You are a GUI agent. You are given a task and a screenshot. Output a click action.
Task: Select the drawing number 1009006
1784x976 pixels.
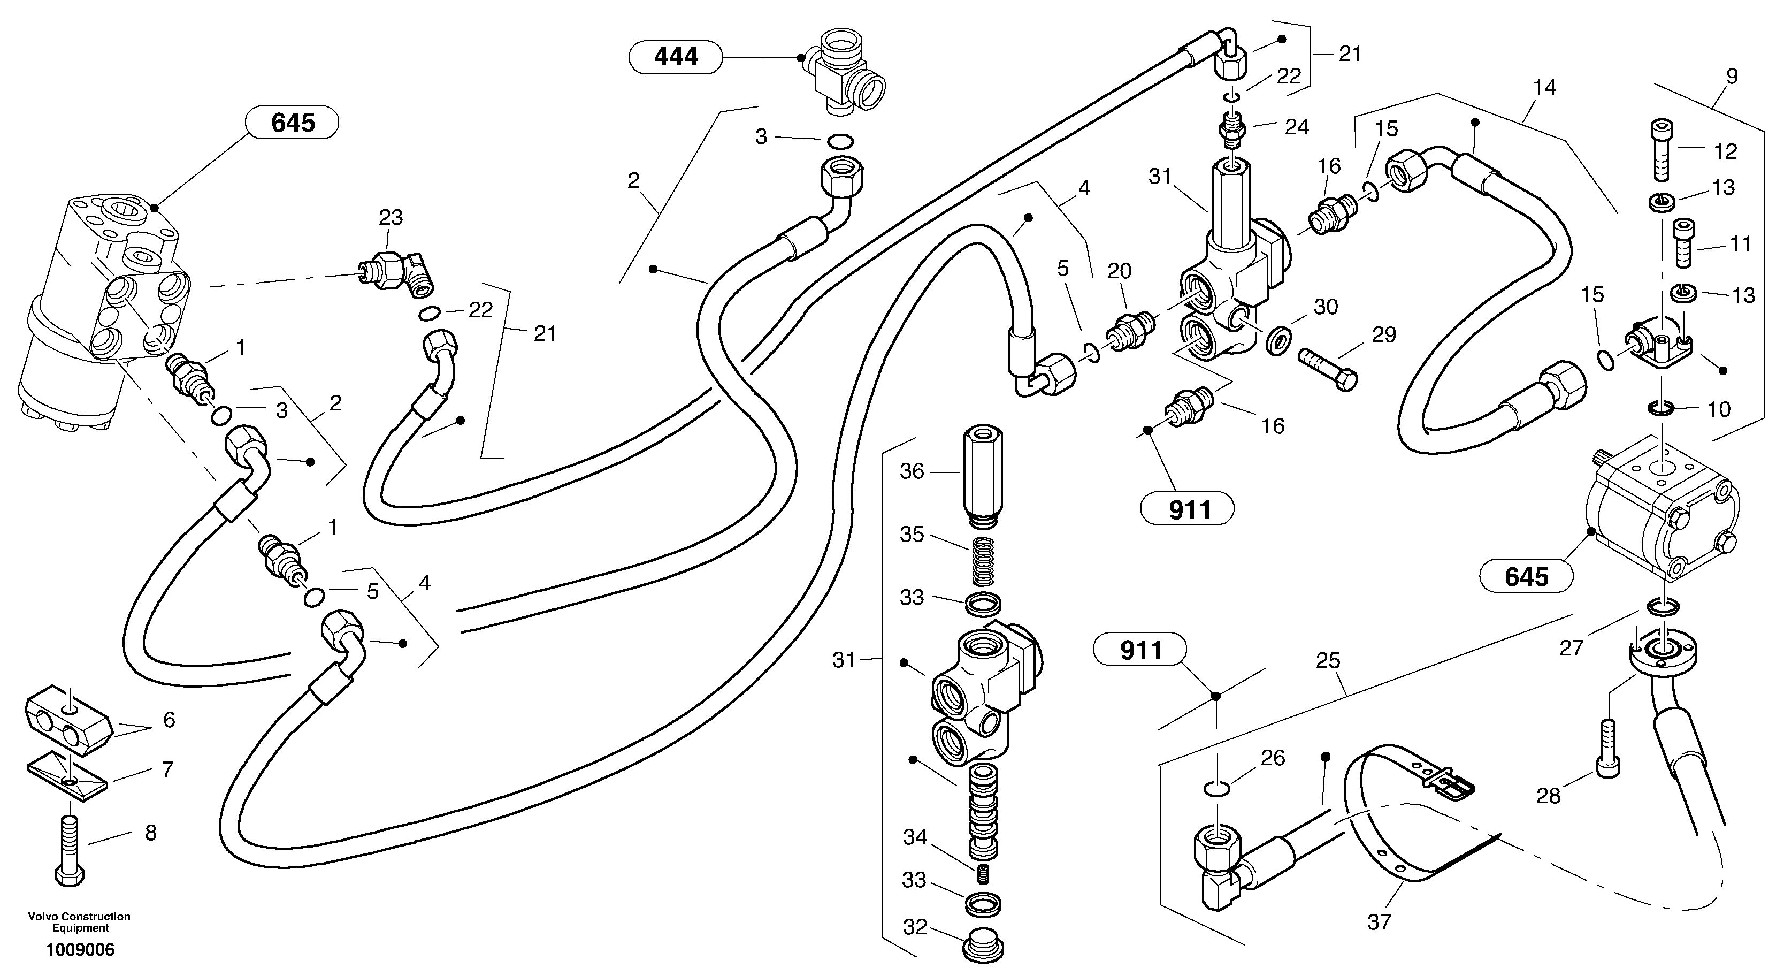80,950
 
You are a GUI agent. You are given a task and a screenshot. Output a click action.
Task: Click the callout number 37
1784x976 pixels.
1379,922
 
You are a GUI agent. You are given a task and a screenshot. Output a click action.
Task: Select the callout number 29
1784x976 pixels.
1384,335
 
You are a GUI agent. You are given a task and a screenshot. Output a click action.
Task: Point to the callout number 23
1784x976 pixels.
391,217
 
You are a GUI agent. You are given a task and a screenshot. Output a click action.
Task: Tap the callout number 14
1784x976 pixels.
1544,88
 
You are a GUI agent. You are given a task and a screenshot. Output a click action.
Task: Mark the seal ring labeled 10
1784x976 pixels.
1662,409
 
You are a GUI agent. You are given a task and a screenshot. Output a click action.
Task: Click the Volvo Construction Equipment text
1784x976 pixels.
79,921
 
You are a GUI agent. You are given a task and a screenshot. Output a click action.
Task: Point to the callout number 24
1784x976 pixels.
1297,127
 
